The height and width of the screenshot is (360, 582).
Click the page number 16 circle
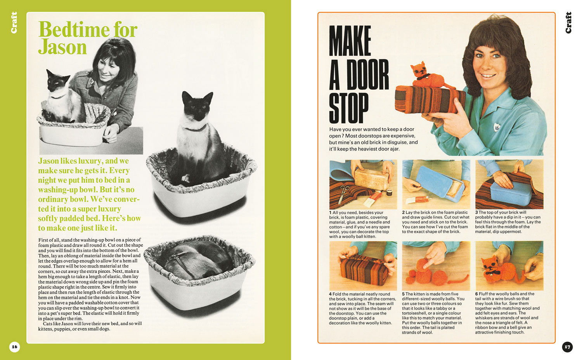(15, 347)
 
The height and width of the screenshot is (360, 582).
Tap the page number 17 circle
(567, 347)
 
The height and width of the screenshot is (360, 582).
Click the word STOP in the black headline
(349, 108)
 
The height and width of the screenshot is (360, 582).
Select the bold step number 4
(330, 294)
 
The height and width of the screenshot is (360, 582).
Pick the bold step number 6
(476, 294)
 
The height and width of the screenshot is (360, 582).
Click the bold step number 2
(404, 213)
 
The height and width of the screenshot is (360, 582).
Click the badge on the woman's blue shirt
(497, 126)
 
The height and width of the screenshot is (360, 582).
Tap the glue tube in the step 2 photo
(418, 200)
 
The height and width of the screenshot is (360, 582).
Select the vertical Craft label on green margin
(14, 22)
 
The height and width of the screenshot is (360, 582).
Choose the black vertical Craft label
(568, 22)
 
